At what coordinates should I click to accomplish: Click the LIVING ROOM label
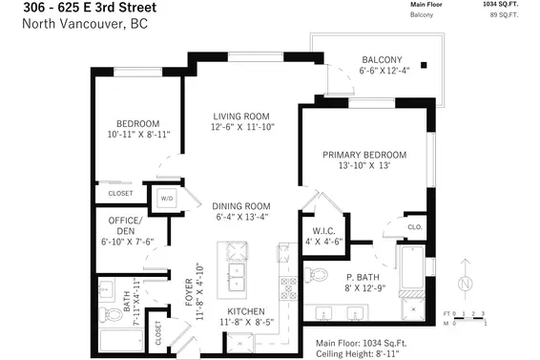242,117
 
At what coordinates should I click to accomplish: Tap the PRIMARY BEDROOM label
363,155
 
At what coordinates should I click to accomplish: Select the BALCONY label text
381,59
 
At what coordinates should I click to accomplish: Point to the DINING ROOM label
241,205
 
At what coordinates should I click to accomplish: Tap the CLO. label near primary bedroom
415,227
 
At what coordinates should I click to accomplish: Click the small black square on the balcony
426,65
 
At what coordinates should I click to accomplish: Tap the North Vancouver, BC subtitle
73,24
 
